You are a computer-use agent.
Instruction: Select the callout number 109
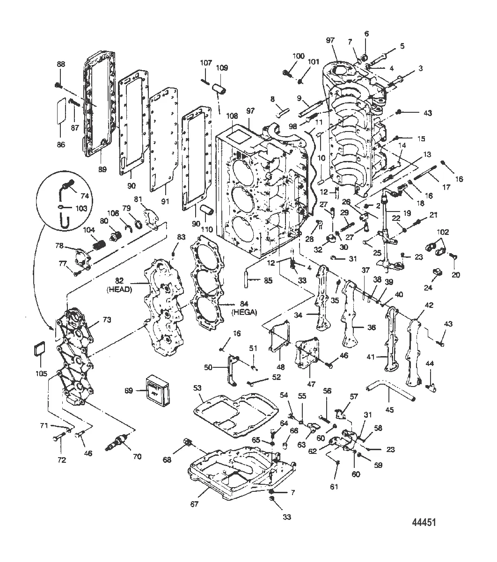(222, 68)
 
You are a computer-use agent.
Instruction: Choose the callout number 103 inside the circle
(81, 208)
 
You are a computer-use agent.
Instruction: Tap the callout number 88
(61, 64)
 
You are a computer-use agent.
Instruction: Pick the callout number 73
(107, 320)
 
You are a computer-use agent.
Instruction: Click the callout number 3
(420, 68)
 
